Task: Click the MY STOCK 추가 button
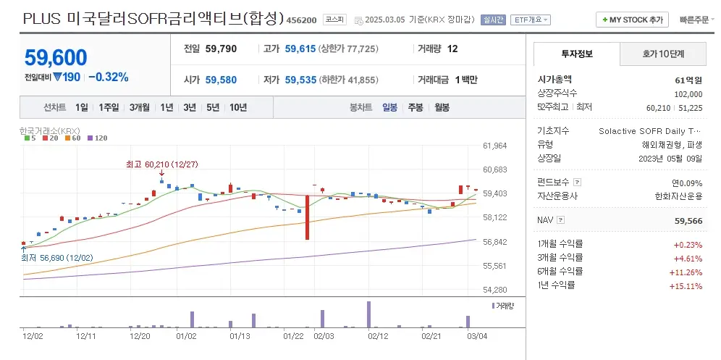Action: pyautogui.click(x=632, y=20)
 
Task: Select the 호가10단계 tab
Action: pyautogui.click(x=663, y=54)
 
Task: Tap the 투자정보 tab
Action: pyautogui.click(x=576, y=54)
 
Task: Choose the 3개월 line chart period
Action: pyautogui.click(x=140, y=107)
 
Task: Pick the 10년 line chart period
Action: pyautogui.click(x=237, y=107)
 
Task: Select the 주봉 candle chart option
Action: pyautogui.click(x=416, y=107)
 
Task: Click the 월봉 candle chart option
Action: pyautogui.click(x=442, y=107)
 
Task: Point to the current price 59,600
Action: pyautogui.click(x=56, y=57)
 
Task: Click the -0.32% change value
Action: pyautogui.click(x=108, y=77)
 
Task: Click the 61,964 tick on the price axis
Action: pyautogui.click(x=494, y=146)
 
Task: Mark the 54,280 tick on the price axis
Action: pyautogui.click(x=494, y=290)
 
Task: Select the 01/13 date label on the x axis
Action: pyautogui.click(x=240, y=336)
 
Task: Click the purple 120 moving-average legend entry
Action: pyautogui.click(x=97, y=138)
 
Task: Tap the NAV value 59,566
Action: pyautogui.click(x=688, y=219)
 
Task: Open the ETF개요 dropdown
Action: pyautogui.click(x=531, y=20)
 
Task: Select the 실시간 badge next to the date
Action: pyautogui.click(x=494, y=20)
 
